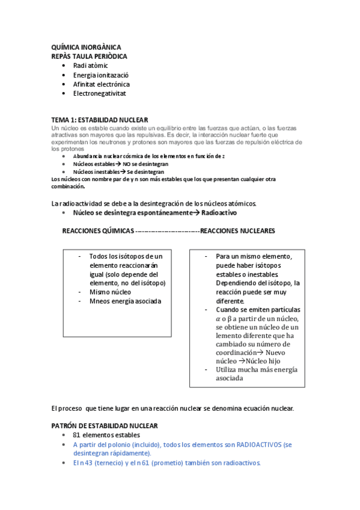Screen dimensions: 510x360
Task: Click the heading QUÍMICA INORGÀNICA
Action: pos(86,47)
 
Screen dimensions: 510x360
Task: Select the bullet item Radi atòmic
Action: pos(90,65)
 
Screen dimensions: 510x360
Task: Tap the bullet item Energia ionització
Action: pos(101,75)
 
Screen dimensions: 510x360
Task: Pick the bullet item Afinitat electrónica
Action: pos(101,84)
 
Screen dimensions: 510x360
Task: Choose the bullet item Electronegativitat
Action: pos(99,93)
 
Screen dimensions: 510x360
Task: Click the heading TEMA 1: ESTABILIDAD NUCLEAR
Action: pos(100,120)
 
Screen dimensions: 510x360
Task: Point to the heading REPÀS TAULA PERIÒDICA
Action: pos(90,56)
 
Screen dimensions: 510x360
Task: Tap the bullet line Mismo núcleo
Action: pos(110,292)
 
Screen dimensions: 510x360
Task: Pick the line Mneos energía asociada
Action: pos(125,301)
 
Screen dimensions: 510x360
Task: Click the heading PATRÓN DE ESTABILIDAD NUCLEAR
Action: pos(105,425)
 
